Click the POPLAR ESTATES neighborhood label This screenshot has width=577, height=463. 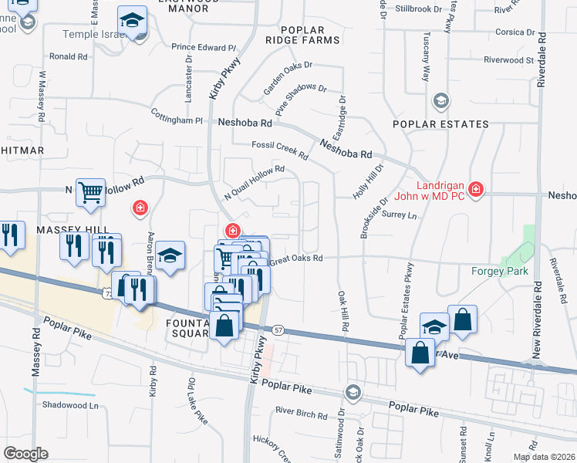pos(440,124)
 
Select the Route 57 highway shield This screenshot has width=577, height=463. pos(278,330)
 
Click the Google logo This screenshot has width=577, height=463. pos(25,454)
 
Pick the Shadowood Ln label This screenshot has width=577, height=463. pos(72,404)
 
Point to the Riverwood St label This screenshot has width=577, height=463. pos(508,59)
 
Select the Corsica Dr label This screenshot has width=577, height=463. pos(515,32)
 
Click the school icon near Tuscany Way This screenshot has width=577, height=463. pos(440,100)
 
